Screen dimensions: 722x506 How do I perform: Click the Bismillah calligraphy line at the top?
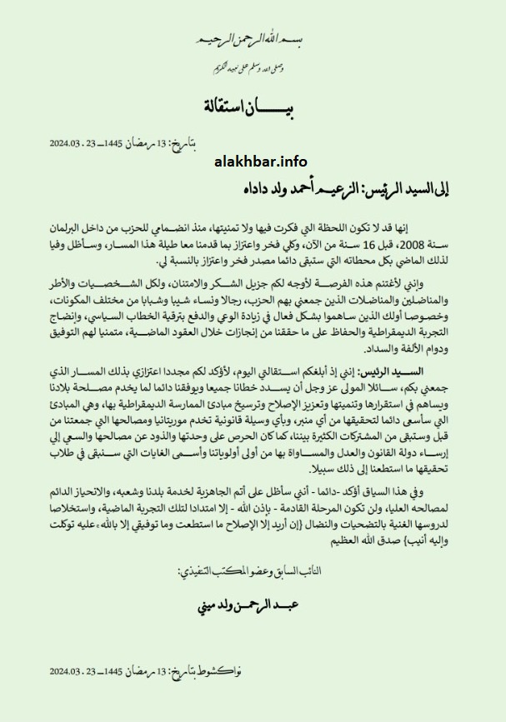252,39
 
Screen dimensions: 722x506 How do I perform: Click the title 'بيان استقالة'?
251,108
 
